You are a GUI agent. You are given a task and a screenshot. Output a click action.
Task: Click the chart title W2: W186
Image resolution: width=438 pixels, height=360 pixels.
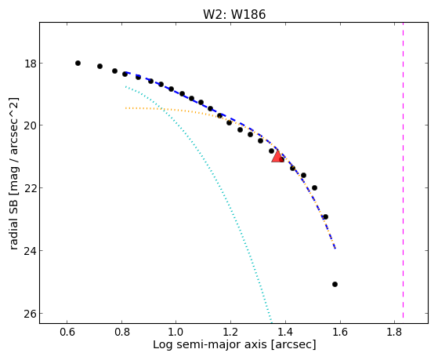point(234,14)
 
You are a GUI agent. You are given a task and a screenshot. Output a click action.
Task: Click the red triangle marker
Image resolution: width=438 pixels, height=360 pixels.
point(277,157)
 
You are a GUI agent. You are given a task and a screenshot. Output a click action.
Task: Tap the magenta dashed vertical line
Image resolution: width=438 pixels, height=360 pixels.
point(403,169)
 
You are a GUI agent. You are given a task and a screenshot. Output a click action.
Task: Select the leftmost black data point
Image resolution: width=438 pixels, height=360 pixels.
point(78,64)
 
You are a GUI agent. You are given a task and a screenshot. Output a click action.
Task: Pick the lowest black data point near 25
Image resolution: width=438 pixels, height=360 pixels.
point(335,284)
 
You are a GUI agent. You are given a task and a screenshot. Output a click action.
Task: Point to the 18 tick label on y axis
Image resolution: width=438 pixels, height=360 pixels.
point(30,64)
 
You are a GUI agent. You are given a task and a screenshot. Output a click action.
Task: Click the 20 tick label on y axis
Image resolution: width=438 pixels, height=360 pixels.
point(30,125)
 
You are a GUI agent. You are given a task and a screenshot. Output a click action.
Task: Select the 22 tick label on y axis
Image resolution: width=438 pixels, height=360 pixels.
point(30,187)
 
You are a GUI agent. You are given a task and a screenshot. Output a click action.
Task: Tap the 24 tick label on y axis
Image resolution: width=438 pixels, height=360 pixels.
point(30,251)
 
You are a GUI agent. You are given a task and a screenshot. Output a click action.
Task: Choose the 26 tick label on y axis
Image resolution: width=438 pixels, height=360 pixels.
point(30,314)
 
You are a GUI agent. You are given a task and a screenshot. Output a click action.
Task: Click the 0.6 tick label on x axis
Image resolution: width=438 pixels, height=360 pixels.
point(67,332)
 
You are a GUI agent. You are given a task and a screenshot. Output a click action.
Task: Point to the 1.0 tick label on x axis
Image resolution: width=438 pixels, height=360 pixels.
point(176,332)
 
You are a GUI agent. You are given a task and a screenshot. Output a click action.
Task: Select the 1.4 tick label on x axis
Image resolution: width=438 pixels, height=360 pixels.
point(285,332)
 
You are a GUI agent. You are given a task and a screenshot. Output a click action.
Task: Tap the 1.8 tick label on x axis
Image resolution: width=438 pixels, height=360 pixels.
point(394,332)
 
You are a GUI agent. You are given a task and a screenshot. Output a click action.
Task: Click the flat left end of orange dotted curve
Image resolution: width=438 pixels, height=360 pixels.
point(126,108)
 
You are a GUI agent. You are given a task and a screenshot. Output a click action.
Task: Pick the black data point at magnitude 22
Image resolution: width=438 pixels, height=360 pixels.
point(314,187)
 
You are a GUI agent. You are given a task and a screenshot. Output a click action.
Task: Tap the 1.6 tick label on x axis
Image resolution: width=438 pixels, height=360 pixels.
point(340,332)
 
